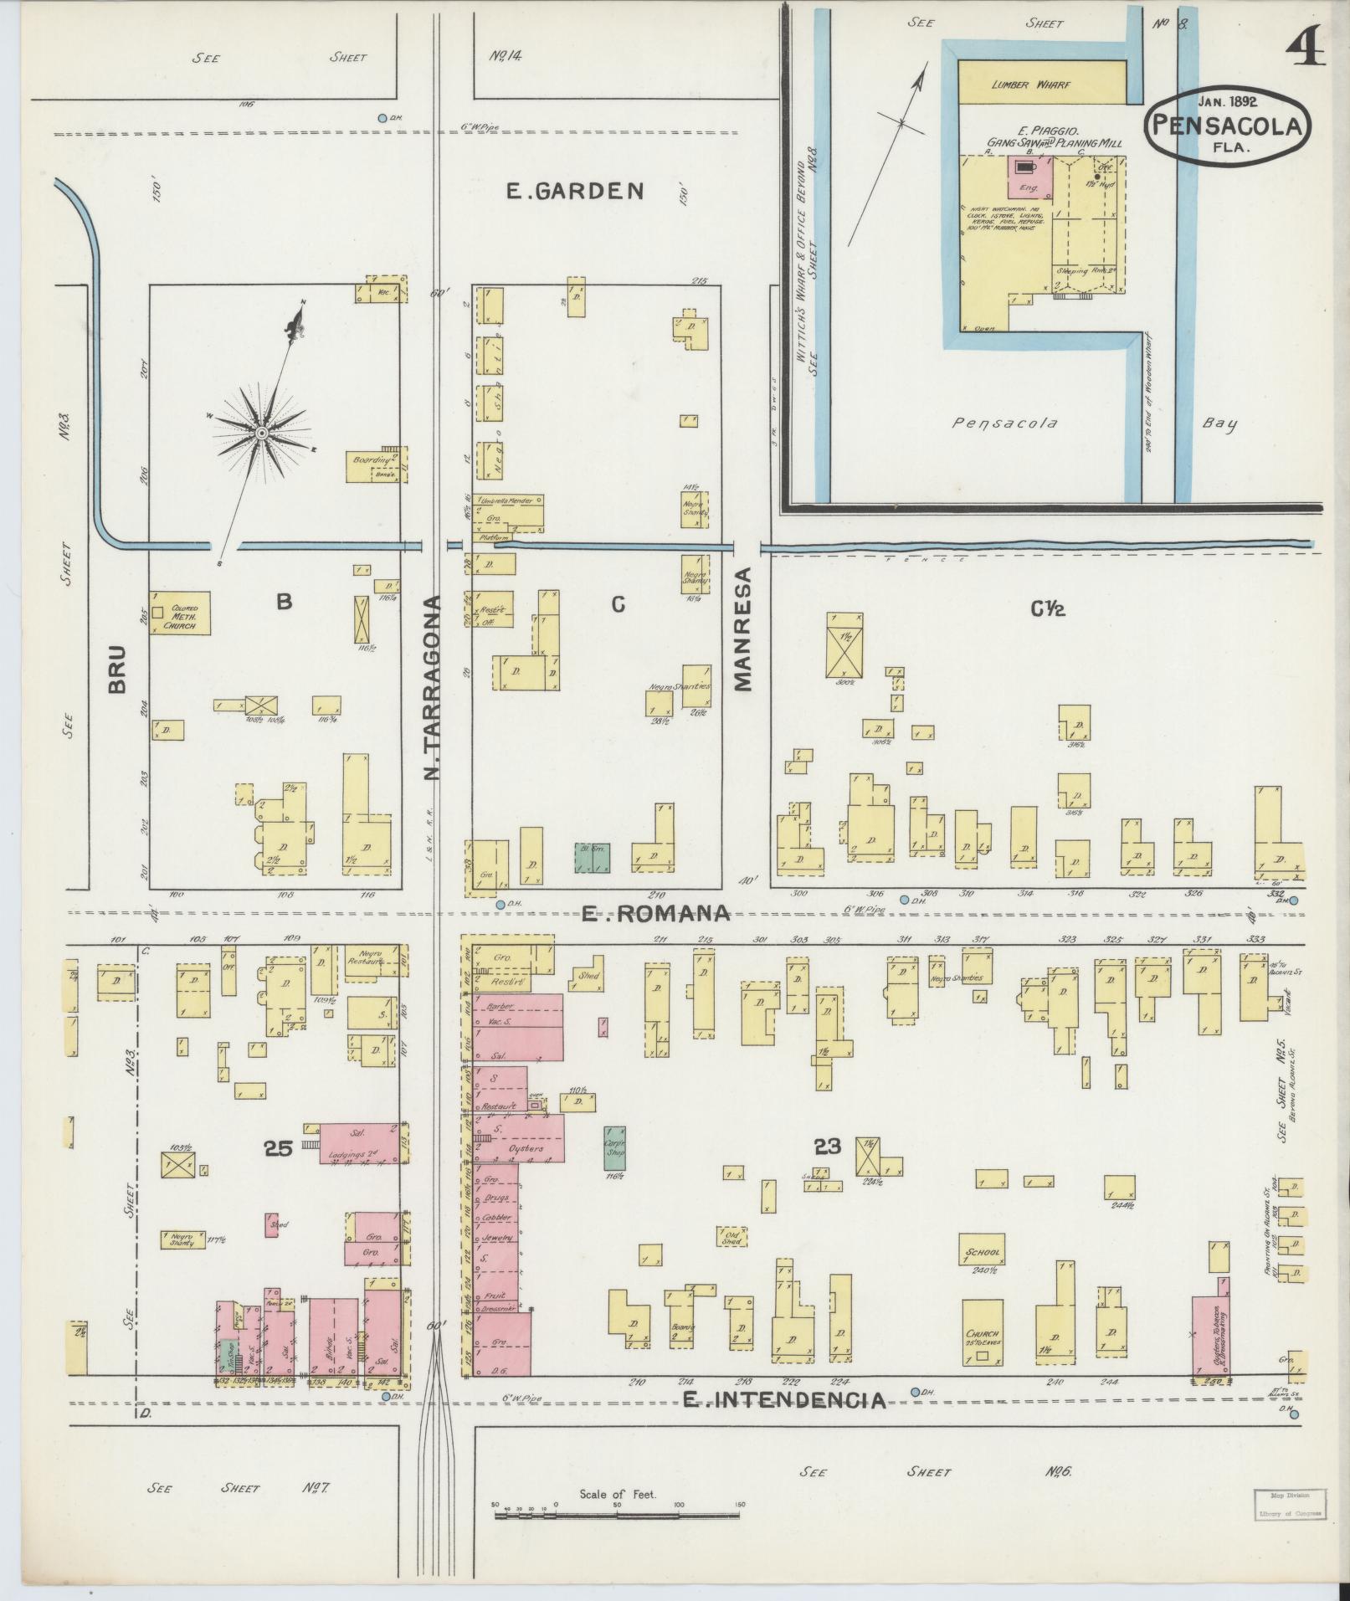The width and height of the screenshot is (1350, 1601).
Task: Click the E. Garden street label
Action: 575,192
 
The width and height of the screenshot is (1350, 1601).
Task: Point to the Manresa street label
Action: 743,629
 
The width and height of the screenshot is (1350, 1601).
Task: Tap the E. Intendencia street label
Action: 784,1400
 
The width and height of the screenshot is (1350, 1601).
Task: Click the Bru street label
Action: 116,668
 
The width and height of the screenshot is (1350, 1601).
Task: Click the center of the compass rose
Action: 261,433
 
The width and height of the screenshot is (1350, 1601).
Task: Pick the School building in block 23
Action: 983,1251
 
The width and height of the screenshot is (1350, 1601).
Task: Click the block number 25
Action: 278,1149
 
